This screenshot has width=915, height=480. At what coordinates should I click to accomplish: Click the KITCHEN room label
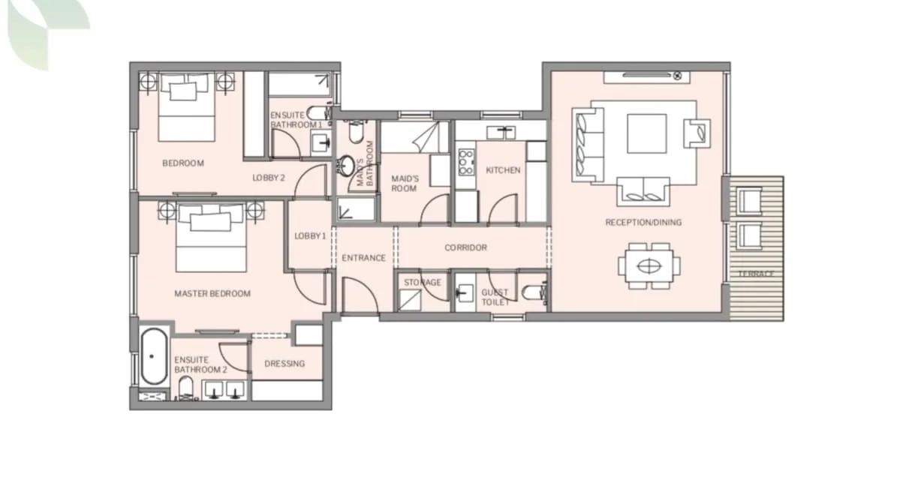503,170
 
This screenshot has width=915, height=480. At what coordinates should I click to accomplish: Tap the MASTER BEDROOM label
212,293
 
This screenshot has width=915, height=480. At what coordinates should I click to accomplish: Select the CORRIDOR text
465,247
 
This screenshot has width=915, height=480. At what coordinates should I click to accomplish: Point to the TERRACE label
756,274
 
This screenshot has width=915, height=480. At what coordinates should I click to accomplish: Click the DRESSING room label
284,364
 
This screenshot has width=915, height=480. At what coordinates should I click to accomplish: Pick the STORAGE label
423,283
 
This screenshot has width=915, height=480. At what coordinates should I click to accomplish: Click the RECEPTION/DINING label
643,223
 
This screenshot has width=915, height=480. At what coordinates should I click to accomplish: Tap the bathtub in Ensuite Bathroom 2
154,356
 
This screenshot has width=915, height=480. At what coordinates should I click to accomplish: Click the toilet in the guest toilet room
534,292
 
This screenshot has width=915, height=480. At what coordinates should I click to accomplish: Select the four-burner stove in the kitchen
466,162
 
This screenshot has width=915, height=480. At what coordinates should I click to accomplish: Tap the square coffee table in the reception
646,133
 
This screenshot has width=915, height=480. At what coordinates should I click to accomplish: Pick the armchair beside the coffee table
697,133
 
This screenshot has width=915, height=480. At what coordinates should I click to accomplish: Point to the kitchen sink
501,133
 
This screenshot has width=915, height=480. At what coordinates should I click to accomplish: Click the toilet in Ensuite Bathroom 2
186,388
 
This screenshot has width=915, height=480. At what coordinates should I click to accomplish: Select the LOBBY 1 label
311,236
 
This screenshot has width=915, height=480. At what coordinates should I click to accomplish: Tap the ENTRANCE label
363,258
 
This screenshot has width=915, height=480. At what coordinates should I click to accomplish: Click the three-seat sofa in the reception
588,145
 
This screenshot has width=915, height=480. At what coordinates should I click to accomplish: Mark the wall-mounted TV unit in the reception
647,77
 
